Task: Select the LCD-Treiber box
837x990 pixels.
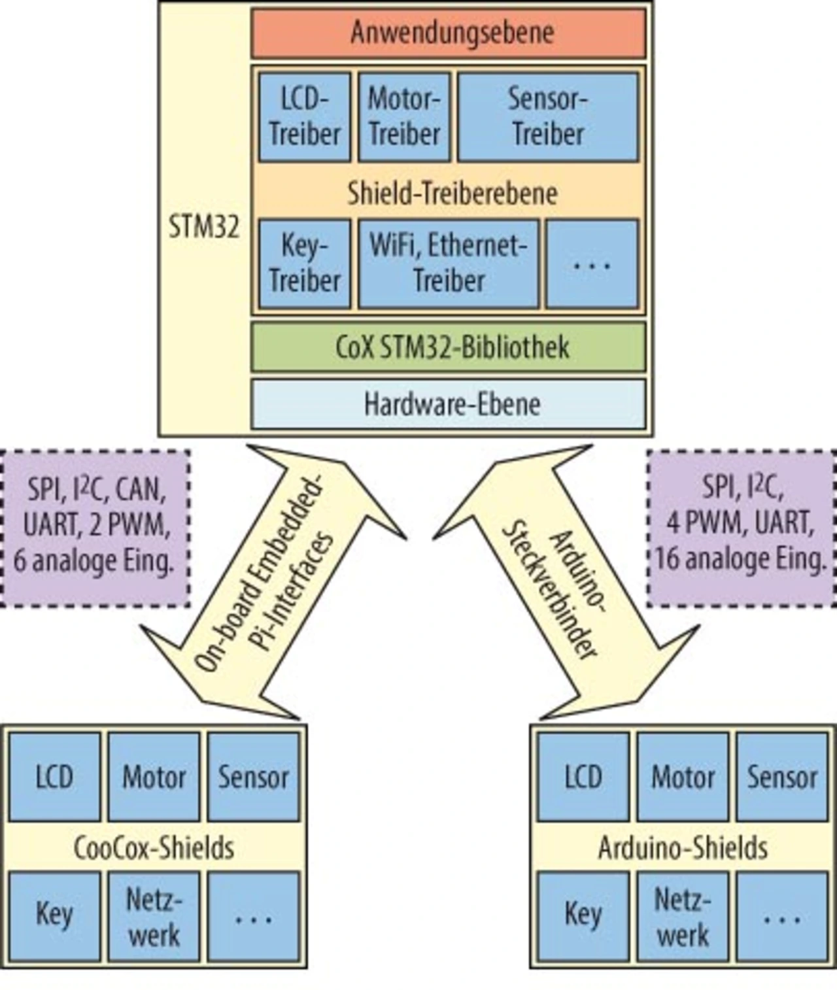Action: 305,117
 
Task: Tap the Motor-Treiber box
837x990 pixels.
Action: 404,117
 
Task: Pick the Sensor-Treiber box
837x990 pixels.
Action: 547,117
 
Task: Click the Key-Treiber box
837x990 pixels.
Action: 305,264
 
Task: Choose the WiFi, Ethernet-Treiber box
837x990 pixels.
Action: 449,264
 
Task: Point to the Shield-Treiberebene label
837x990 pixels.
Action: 452,193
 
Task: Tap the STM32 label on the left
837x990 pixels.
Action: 204,228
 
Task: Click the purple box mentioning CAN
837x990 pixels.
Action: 95,528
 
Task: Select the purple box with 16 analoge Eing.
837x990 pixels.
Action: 741,528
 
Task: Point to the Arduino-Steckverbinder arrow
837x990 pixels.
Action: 559,585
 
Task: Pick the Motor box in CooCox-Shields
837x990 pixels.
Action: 154,777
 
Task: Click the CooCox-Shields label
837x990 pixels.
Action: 154,847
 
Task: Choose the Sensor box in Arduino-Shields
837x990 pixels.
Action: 782,777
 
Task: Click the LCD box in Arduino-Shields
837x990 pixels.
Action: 583,777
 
